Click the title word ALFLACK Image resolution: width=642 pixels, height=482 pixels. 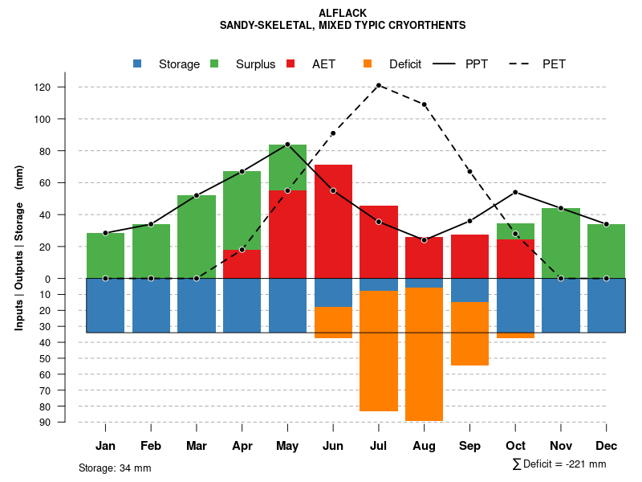tap(343, 13)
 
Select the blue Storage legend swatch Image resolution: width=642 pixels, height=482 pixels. tap(137, 63)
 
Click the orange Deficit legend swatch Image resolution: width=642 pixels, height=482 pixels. tap(368, 63)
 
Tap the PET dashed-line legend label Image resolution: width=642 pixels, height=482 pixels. tap(554, 64)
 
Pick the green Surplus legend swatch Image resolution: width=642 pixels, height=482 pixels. tap(214, 63)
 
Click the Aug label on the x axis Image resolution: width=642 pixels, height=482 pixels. tap(424, 446)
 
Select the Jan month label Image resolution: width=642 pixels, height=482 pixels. tap(105, 446)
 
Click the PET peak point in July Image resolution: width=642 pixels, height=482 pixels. tap(378, 85)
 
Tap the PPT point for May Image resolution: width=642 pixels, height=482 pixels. tap(287, 145)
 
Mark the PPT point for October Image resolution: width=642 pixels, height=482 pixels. tap(515, 192)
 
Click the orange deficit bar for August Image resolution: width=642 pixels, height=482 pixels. tap(424, 353)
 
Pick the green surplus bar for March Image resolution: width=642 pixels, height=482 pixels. tap(197, 237)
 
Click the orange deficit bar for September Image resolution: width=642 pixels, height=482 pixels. tap(469, 333)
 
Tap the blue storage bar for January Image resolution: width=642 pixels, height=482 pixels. tap(105, 305)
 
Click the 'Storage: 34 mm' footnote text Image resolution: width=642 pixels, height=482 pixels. tap(115, 468)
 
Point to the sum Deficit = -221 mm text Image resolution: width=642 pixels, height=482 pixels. tap(559, 464)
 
